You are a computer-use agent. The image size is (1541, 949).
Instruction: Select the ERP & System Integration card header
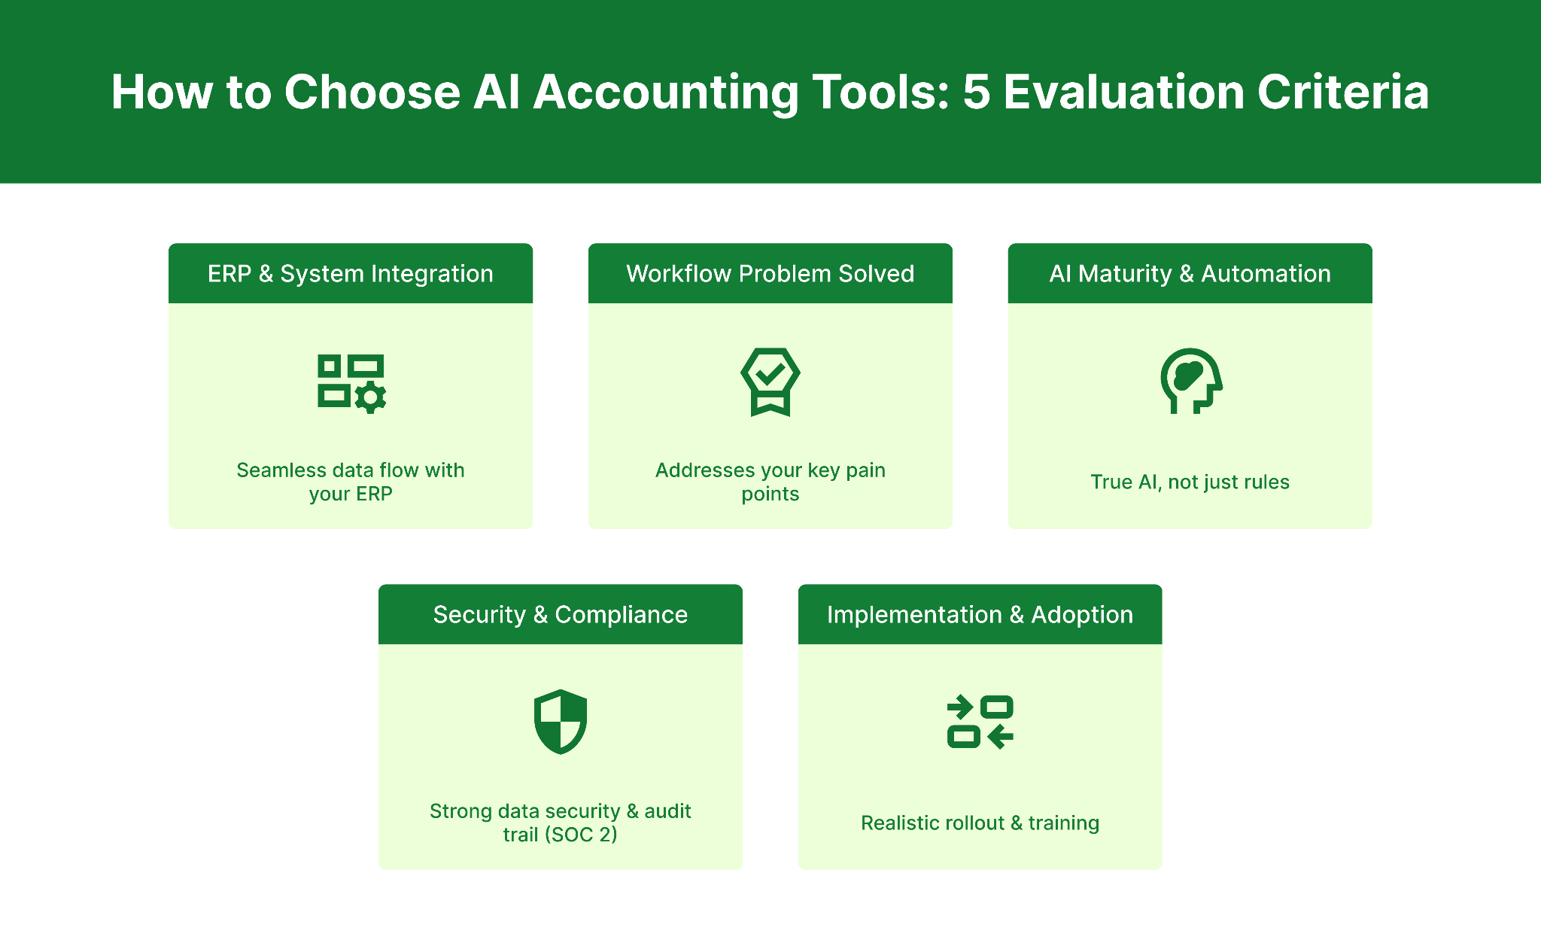[x=351, y=273]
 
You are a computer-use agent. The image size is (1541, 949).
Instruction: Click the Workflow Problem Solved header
[x=770, y=273]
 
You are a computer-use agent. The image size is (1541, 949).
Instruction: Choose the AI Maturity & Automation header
[x=1190, y=273]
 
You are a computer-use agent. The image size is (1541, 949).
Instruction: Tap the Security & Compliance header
[x=560, y=614]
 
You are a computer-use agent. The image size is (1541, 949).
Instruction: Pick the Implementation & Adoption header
[x=980, y=614]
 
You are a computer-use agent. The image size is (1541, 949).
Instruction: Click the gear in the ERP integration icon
[x=370, y=397]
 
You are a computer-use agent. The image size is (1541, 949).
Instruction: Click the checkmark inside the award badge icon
[x=770, y=372]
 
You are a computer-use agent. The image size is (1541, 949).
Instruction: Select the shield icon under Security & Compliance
[x=560, y=721]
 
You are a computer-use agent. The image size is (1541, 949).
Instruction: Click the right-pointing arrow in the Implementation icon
[x=960, y=707]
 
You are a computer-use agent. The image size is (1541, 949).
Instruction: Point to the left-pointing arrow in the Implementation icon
[x=1000, y=736]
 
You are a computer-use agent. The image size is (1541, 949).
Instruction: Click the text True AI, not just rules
[x=1190, y=482]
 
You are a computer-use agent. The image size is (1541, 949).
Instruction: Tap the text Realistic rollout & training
[x=980, y=823]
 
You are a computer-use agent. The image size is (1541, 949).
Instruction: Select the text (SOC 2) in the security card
[x=581, y=835]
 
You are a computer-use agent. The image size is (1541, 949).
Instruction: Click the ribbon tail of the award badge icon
[x=770, y=406]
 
